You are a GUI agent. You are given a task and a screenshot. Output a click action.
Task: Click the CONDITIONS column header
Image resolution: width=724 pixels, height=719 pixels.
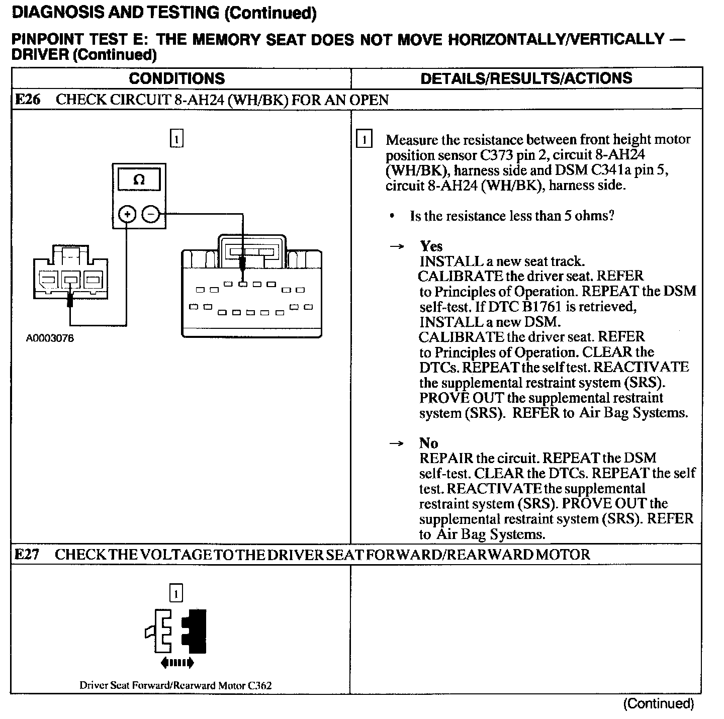177,78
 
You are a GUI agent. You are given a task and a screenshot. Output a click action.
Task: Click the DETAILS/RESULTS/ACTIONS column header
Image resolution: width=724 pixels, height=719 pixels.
526,78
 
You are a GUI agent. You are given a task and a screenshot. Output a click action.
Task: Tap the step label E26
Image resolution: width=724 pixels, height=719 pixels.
28,100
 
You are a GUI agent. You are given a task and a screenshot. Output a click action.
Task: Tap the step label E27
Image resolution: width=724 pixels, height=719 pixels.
27,554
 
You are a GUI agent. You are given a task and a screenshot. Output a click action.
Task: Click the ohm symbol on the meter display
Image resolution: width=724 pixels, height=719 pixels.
139,180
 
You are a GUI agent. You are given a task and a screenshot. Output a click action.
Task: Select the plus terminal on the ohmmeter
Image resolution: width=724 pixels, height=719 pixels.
127,215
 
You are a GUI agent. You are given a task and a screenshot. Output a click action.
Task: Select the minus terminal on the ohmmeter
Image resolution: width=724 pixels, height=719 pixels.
150,215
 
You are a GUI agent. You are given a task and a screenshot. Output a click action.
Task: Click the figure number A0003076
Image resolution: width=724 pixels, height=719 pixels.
50,338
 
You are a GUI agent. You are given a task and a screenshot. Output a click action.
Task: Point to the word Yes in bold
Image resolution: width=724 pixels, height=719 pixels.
431,246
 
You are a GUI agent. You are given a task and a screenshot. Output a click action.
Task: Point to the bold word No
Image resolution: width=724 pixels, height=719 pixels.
428,443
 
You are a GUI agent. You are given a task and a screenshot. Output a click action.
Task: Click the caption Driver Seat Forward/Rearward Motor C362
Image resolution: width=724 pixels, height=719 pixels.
175,685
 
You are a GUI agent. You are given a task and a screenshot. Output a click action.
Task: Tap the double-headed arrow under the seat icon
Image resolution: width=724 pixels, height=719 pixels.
177,663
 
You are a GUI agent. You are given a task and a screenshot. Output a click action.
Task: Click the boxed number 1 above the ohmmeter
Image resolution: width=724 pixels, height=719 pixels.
176,138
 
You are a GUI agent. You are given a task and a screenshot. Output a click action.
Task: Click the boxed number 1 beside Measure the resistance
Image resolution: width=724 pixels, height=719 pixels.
364,139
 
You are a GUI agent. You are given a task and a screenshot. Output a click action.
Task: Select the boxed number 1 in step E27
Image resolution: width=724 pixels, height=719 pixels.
176,593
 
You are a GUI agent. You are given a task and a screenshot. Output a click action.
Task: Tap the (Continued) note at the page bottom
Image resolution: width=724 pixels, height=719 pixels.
658,703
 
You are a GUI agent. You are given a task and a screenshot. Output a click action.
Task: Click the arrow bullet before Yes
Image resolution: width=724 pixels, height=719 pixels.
397,246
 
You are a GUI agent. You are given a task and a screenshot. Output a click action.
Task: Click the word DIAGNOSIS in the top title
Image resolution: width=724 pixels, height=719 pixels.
53,13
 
